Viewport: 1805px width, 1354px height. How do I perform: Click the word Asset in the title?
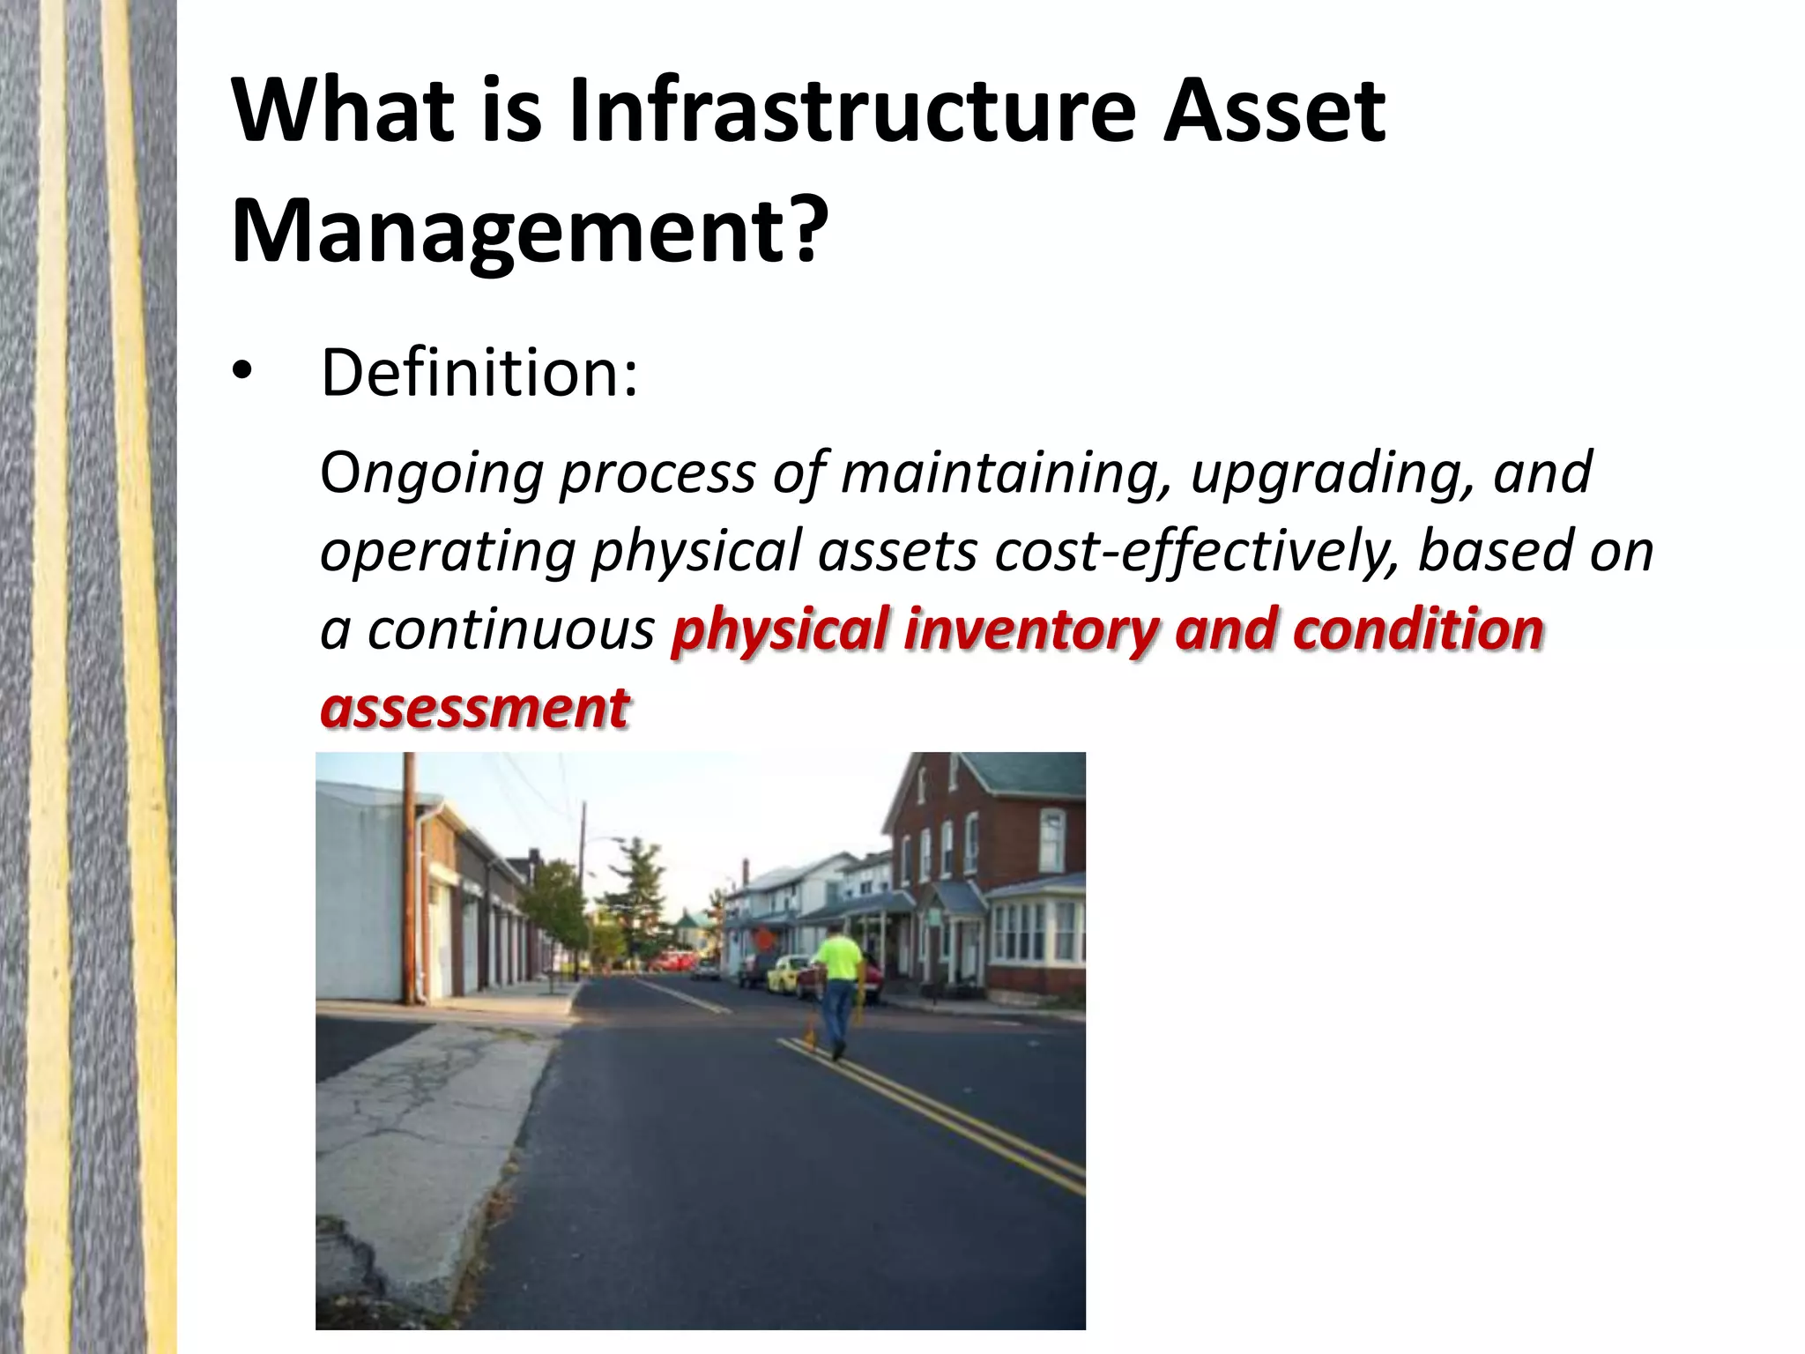tap(1274, 113)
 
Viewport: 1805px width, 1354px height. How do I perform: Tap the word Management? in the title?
tap(530, 231)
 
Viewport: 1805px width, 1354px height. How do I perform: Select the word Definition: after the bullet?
tap(479, 374)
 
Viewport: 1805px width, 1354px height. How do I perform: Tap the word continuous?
tap(509, 631)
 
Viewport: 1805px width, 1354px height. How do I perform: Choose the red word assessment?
tap(475, 708)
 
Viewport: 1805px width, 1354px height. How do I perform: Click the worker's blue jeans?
tap(834, 1014)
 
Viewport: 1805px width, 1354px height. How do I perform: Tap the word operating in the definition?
tap(448, 552)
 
